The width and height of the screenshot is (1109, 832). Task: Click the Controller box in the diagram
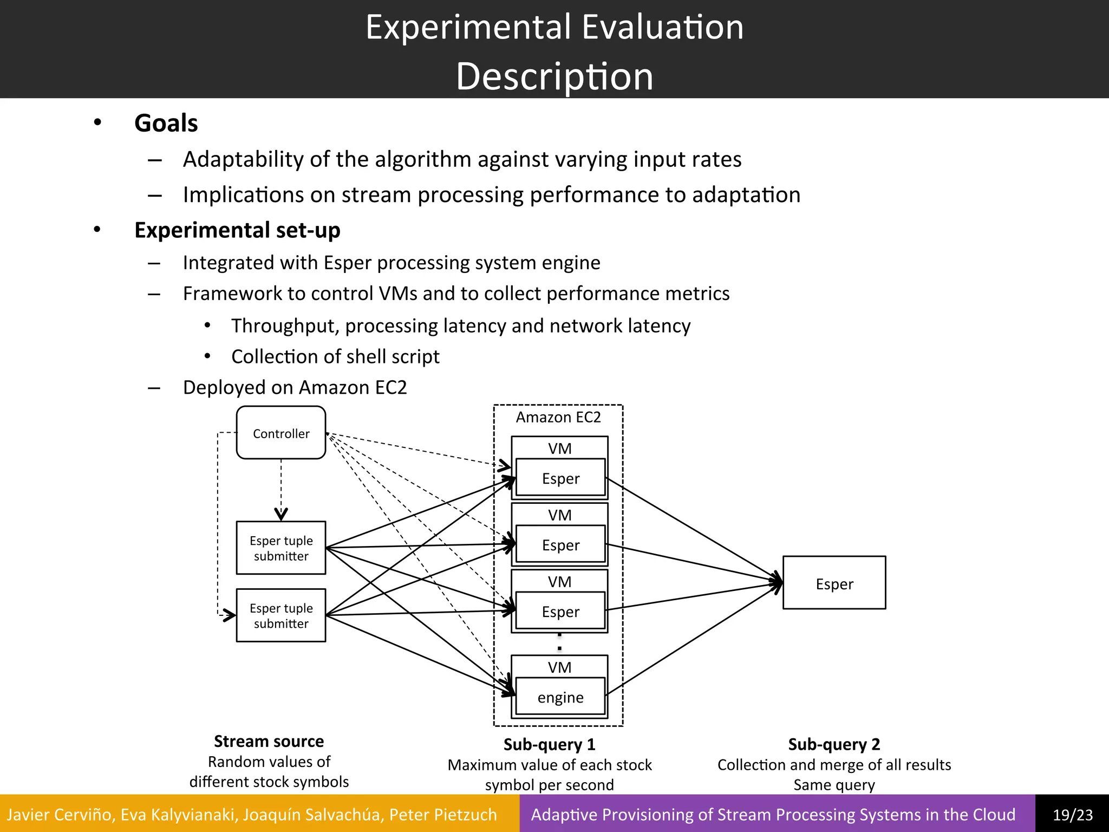(x=281, y=433)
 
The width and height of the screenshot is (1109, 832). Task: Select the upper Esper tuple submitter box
(x=281, y=548)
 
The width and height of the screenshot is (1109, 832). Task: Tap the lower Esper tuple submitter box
(x=281, y=615)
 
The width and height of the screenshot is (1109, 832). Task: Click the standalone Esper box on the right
(x=834, y=583)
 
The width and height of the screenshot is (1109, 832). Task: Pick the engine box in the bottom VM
(x=560, y=697)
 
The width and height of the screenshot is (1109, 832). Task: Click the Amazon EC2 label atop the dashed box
(x=558, y=417)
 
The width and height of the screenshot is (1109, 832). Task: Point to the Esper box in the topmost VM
(x=560, y=478)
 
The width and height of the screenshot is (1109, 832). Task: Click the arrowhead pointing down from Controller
(x=281, y=514)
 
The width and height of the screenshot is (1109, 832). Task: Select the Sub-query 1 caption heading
(x=549, y=744)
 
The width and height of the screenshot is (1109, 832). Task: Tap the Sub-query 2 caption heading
(x=834, y=744)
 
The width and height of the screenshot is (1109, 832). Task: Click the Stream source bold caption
(x=269, y=741)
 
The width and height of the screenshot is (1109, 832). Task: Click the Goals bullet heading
(x=166, y=123)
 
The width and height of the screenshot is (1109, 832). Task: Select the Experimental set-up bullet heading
(x=237, y=230)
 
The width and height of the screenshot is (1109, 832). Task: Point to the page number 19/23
(x=1072, y=814)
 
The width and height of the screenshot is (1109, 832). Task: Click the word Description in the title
(x=554, y=76)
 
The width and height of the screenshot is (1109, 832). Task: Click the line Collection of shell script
(x=335, y=356)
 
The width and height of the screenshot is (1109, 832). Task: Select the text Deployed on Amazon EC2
(x=295, y=387)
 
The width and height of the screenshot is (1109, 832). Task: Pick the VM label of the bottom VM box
(x=559, y=667)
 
